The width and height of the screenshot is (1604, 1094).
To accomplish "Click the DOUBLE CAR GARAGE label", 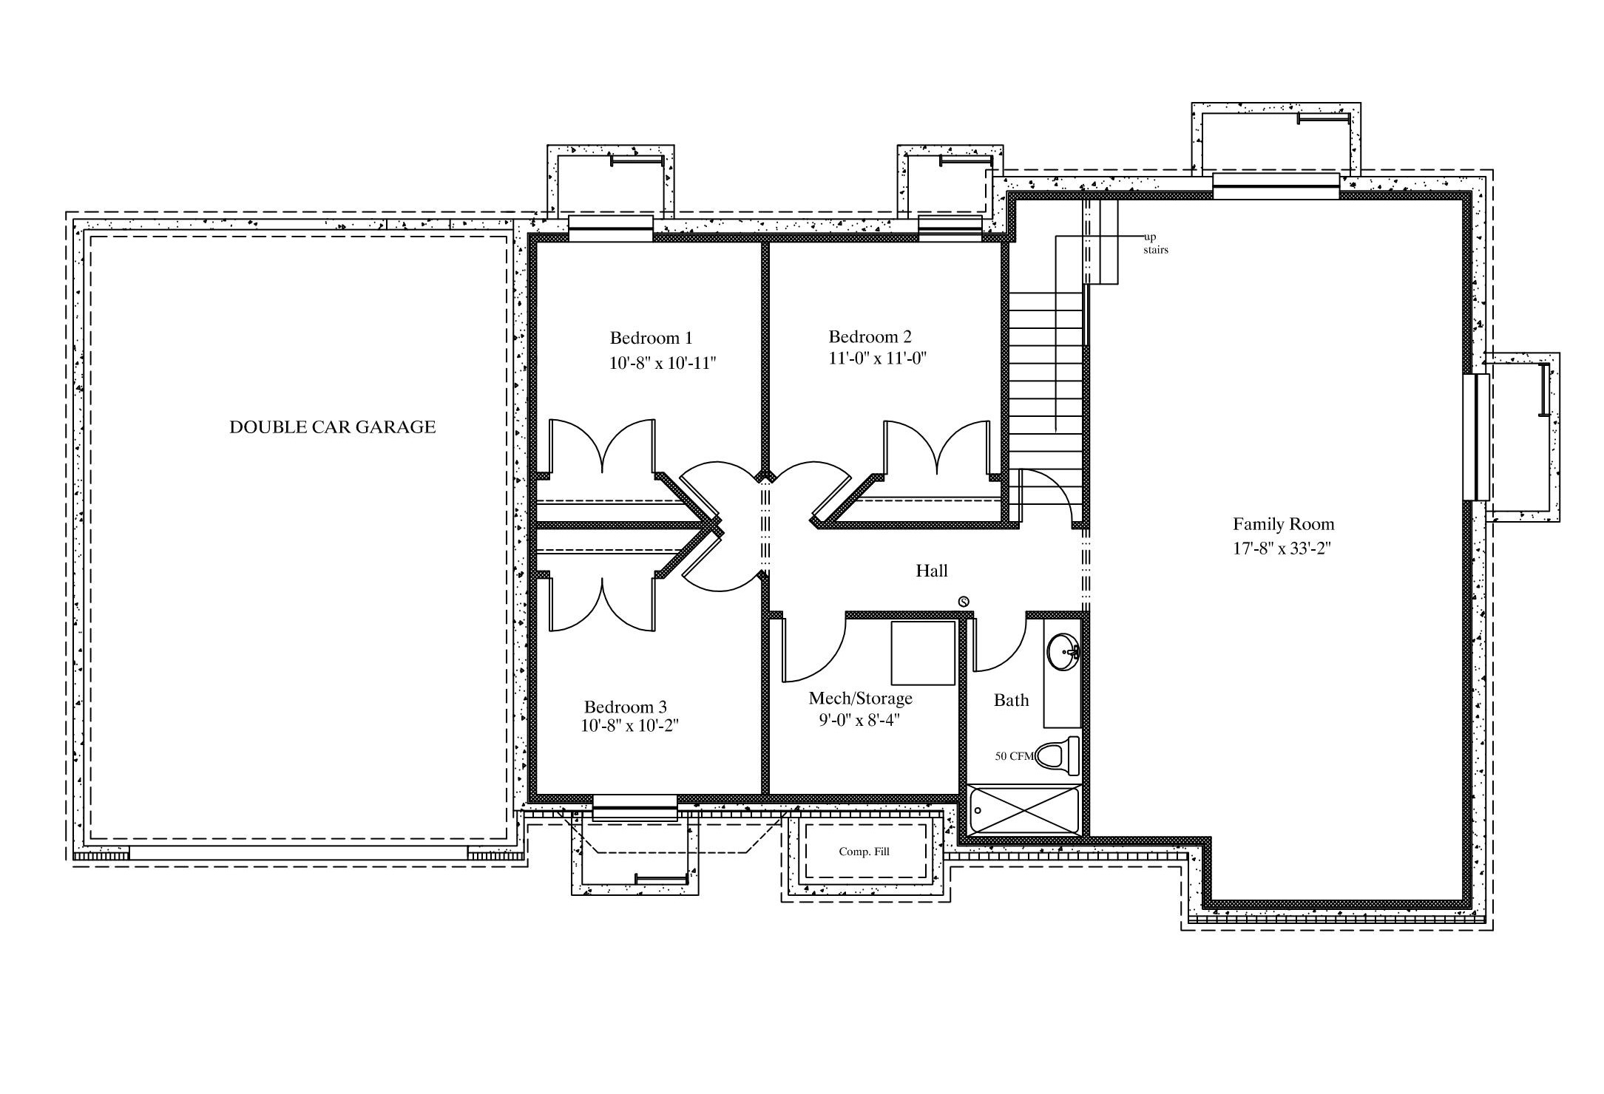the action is click(x=332, y=427).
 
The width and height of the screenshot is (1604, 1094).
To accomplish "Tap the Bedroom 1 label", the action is click(x=651, y=339).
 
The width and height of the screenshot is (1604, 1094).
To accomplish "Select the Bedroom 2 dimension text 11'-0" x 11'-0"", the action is click(x=878, y=359).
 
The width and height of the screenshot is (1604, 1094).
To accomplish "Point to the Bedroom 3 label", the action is click(x=625, y=707).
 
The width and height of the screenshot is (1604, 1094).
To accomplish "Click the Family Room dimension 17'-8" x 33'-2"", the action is click(x=1282, y=548).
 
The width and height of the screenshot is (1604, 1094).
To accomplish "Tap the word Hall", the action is click(x=932, y=571).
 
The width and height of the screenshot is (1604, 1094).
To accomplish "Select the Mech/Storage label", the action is click(x=861, y=699).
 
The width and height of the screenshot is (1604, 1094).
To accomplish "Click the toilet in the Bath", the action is click(x=1058, y=755).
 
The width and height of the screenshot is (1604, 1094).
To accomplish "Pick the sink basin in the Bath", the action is click(x=1063, y=652).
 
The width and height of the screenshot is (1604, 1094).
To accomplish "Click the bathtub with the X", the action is click(x=1024, y=810).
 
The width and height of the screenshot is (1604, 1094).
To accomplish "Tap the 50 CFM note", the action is click(x=1014, y=756).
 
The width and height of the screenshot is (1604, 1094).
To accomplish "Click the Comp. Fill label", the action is click(x=864, y=852).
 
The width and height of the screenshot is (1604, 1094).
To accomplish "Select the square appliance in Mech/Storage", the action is click(x=923, y=653).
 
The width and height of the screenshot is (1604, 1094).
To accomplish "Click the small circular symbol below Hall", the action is click(x=964, y=601).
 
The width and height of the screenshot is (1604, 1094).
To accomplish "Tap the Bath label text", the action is click(x=1011, y=700).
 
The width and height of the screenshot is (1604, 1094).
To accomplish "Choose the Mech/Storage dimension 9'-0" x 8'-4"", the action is click(x=859, y=720).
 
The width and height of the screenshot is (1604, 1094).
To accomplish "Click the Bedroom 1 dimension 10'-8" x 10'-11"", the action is click(x=663, y=363).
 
